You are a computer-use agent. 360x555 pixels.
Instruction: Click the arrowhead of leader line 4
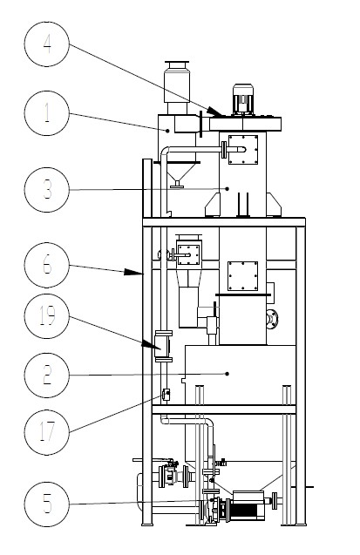tap(214, 112)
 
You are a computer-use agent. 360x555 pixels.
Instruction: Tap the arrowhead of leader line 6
tap(133, 272)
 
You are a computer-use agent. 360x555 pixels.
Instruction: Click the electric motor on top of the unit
tap(243, 100)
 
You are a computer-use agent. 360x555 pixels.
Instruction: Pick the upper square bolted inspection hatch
tap(243, 149)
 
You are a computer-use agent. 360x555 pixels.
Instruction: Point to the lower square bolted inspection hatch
tap(243, 276)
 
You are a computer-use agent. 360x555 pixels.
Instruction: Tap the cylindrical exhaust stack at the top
tap(177, 82)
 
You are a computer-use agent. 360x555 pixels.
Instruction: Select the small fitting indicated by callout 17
tap(166, 395)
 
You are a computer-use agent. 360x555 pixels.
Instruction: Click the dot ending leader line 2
tap(228, 374)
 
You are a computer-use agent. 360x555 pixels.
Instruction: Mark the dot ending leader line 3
tap(228, 189)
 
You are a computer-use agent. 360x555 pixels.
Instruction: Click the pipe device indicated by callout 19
tap(163, 346)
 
